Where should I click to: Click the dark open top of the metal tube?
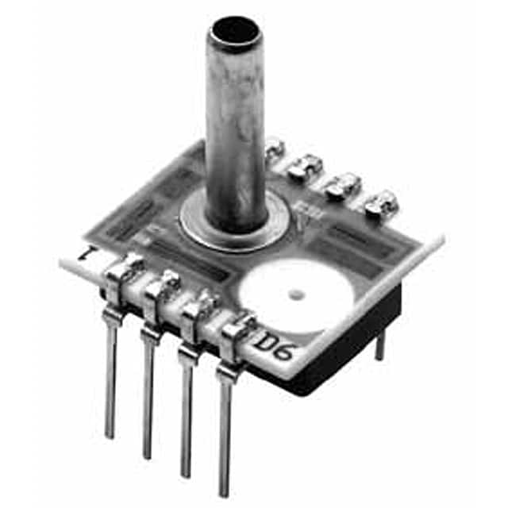coord(233,31)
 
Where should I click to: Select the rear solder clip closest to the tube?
coord(274,147)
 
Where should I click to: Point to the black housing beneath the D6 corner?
coord(349,349)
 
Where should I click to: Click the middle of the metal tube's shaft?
coord(235,127)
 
